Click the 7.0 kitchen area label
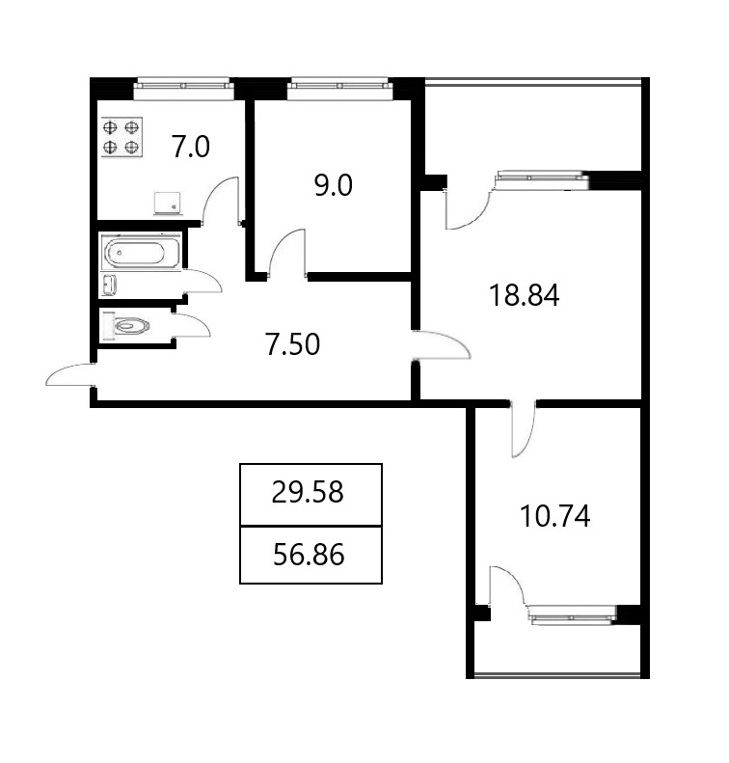point(191,147)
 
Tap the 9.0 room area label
point(333,186)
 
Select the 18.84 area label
point(525,295)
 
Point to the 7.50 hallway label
point(293,344)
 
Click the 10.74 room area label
point(554,516)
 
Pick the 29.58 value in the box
point(308,492)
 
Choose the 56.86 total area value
point(309,555)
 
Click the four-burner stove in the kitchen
point(121,137)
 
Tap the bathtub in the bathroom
point(142,252)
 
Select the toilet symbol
point(125,325)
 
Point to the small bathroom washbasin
point(109,286)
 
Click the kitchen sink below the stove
point(167,204)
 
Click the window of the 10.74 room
point(572,615)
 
